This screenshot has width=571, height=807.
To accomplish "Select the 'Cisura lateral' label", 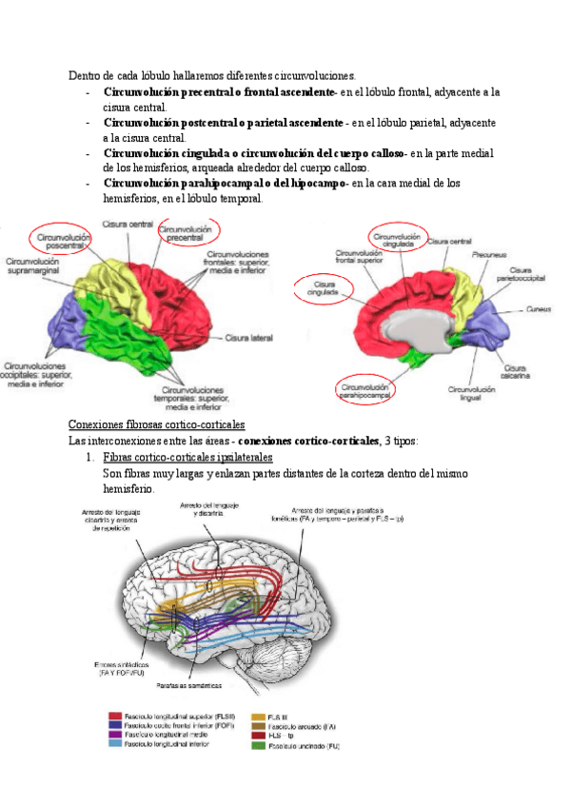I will (x=248, y=337).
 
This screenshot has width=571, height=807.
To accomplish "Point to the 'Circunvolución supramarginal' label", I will (x=33, y=267).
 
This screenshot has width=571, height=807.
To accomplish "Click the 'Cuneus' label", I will (x=538, y=309).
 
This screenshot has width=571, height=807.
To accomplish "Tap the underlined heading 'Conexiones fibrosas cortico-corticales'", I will (x=157, y=423).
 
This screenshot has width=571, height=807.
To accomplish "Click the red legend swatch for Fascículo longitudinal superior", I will (x=115, y=716).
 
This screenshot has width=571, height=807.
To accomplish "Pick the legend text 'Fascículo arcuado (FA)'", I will (x=302, y=725).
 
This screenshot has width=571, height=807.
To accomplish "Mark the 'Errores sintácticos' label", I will (x=121, y=668).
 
